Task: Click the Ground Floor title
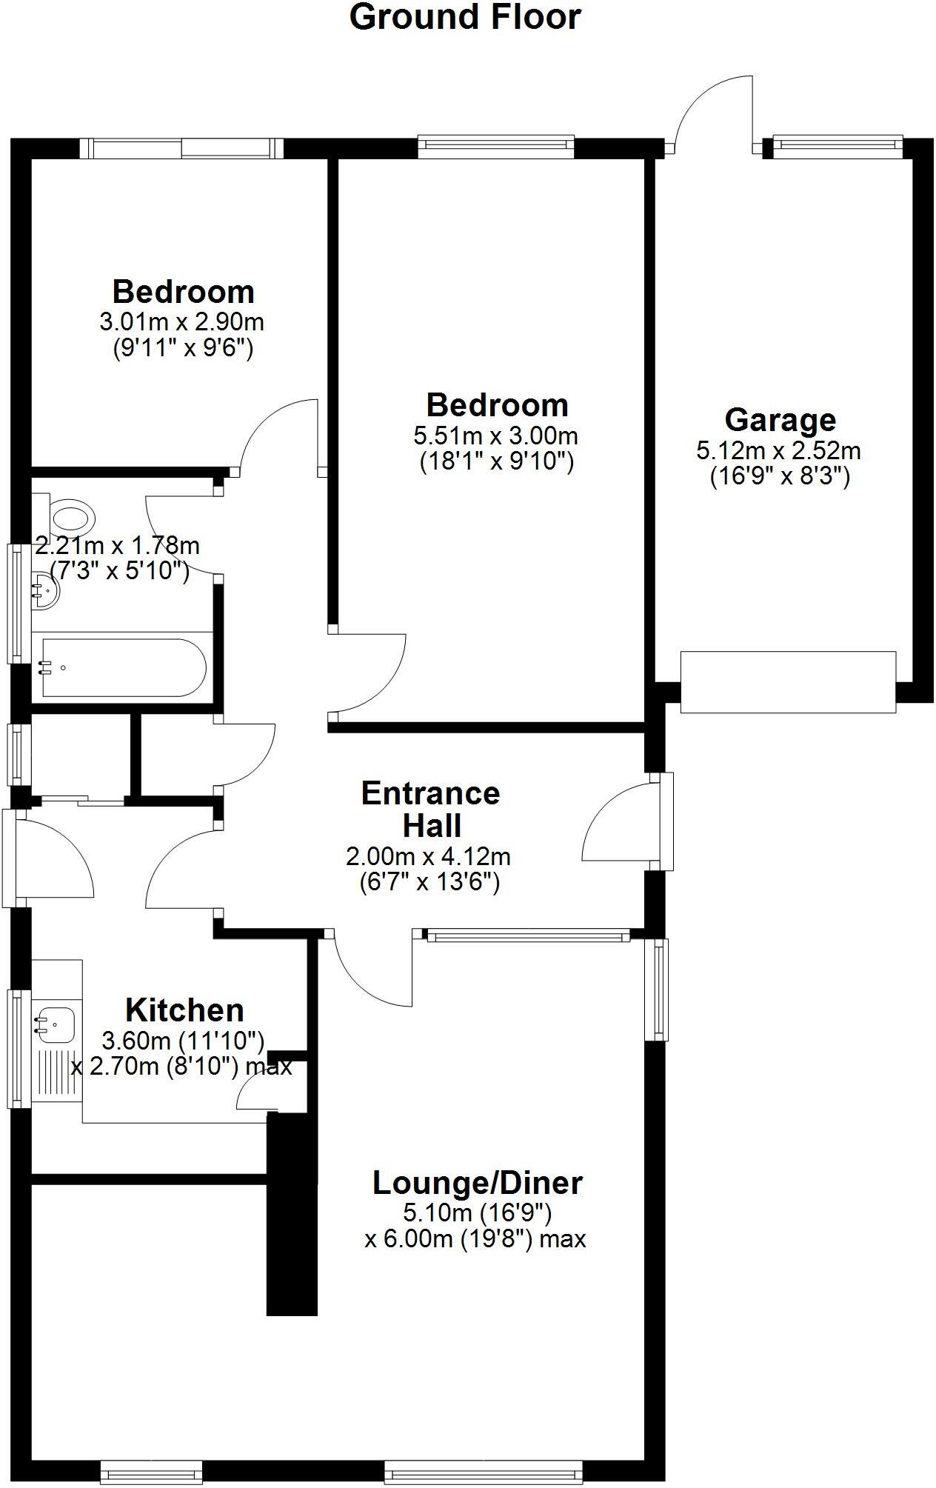[465, 18]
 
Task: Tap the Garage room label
[780, 420]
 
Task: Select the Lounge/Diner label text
[477, 1183]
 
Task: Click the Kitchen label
[184, 1010]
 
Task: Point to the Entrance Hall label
[431, 810]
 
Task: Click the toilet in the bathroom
[71, 514]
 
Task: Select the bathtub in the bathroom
[123, 668]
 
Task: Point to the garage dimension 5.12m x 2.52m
[778, 450]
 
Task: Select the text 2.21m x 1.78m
[117, 546]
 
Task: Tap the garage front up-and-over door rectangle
[787, 682]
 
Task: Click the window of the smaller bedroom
[181, 148]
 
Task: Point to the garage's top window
[837, 147]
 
